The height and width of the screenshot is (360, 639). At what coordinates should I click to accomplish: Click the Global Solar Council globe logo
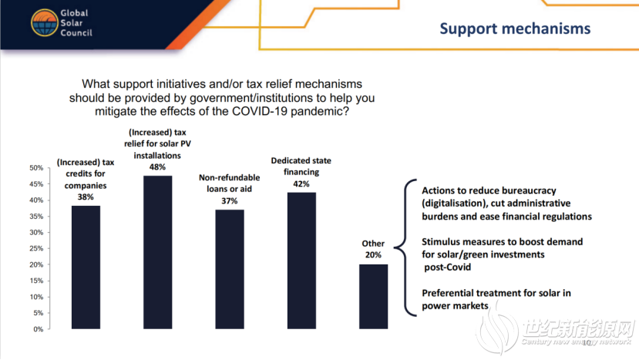coord(45,23)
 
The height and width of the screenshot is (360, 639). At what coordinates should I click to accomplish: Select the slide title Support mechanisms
coord(515,29)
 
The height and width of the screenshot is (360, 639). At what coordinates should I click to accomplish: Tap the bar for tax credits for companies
coord(86,267)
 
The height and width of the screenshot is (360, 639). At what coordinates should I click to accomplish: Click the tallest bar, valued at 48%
coord(157,252)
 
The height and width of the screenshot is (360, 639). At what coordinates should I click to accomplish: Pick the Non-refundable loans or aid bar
coord(230,269)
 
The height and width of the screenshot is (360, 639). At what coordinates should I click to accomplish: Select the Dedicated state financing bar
coord(301,261)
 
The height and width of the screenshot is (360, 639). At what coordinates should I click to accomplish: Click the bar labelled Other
coord(373,296)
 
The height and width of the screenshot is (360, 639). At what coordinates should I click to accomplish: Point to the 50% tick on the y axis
coord(36,168)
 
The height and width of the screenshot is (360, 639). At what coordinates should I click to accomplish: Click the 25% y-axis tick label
coord(36,248)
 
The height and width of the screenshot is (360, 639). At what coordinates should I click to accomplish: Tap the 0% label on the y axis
coord(39,329)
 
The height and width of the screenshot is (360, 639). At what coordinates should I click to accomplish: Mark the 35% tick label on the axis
coord(36,216)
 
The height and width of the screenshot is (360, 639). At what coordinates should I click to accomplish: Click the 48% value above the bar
coord(157,167)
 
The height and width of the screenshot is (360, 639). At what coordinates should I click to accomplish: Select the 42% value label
coord(301,184)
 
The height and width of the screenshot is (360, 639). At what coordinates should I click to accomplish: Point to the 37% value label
coord(230,201)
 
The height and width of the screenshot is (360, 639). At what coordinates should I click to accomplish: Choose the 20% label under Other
coord(373,255)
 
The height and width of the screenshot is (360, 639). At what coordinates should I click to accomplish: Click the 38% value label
coord(86,197)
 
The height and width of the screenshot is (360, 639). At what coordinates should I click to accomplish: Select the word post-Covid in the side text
coord(448,267)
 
